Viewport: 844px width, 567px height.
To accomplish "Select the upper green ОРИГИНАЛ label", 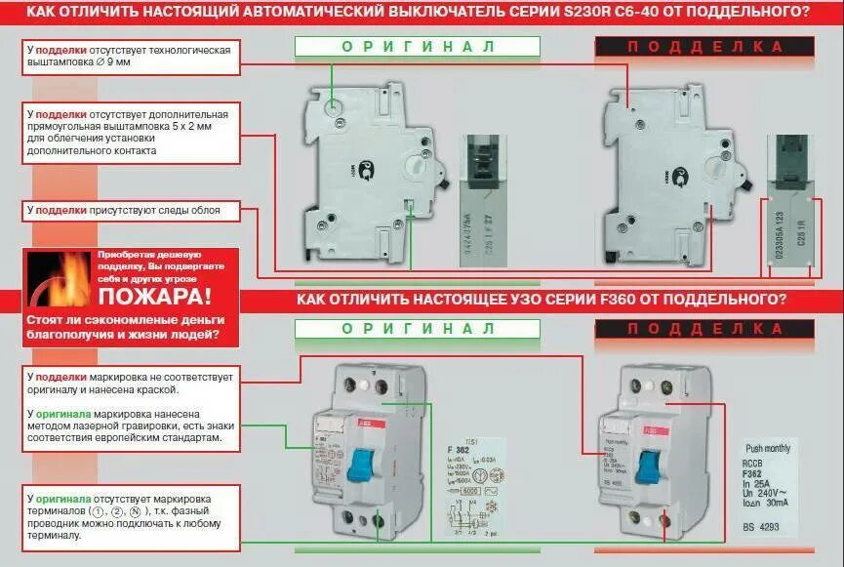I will coord(418,47).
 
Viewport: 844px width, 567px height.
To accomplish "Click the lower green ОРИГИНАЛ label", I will coord(418,329).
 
